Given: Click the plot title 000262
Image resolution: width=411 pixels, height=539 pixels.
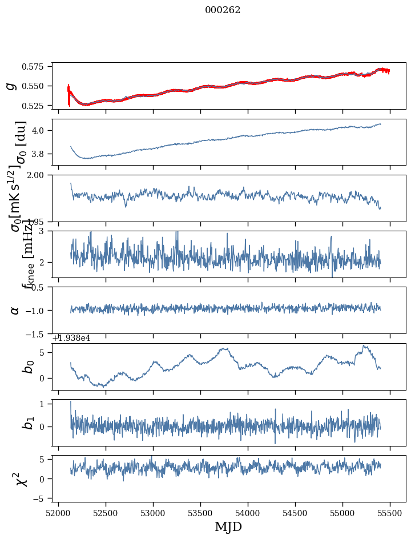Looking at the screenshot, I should (223, 10).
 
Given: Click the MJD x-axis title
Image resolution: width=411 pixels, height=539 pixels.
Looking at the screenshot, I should (228, 527).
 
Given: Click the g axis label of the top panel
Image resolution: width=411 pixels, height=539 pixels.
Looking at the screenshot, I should (10, 86).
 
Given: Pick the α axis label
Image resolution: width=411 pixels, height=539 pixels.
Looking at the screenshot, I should (15, 310).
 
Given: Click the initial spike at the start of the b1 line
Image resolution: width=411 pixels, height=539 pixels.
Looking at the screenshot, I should (71, 403).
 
